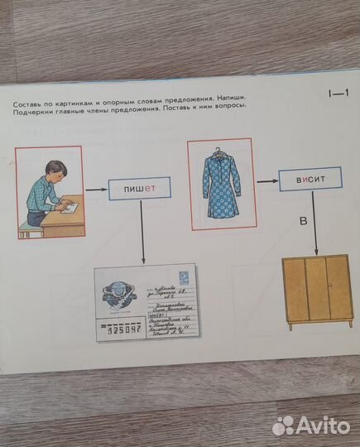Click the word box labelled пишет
(x=140, y=190)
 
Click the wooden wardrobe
(x=317, y=291)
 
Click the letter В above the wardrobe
(x=303, y=221)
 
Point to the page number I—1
(x=338, y=95)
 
